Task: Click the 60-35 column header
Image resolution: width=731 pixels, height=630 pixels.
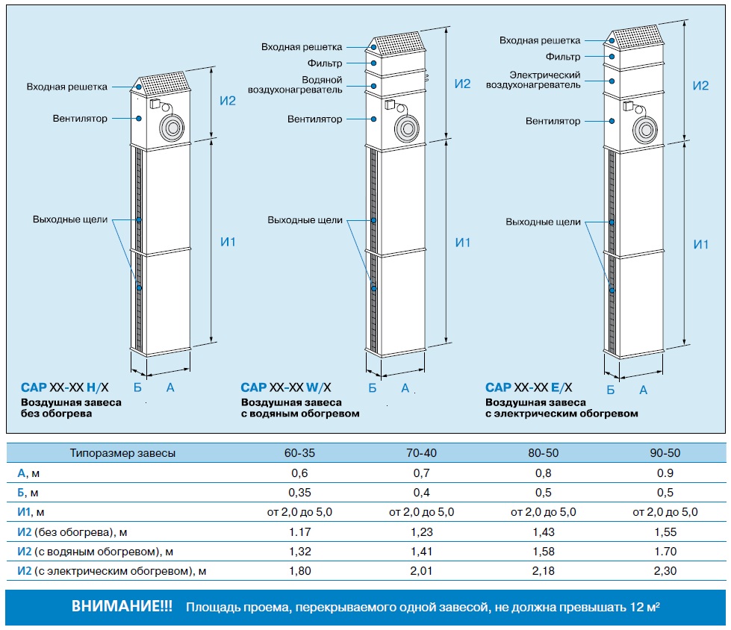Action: click(299, 453)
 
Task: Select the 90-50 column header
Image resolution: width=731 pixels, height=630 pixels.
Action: click(665, 453)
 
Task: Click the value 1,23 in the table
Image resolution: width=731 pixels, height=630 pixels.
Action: click(421, 532)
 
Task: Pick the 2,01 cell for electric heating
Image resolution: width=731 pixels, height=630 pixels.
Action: click(421, 571)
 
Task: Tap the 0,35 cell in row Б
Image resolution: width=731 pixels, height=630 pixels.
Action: click(299, 493)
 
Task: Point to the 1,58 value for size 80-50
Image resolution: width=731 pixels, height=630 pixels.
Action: click(543, 552)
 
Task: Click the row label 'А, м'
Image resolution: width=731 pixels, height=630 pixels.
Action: click(28, 473)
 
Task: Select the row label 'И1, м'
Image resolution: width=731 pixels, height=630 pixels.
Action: click(31, 512)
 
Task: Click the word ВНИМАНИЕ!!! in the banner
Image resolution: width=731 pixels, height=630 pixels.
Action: click(122, 606)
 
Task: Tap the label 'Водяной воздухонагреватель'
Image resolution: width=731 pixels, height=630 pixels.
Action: click(295, 85)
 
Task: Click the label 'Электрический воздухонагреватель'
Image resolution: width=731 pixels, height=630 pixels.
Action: click(533, 80)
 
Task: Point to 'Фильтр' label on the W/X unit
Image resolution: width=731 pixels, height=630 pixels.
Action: click(325, 63)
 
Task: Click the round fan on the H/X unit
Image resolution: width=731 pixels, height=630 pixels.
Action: click(172, 127)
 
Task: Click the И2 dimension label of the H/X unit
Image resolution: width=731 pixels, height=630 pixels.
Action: click(228, 101)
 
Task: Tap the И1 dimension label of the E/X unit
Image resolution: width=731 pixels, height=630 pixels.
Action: click(700, 244)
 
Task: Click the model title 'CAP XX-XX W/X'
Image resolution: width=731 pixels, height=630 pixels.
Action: click(286, 387)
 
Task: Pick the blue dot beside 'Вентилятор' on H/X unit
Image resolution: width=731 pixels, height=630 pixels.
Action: click(139, 119)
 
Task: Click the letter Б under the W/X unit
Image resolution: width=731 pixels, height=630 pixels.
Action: click(372, 387)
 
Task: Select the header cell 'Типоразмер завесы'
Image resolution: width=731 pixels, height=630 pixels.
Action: click(122, 453)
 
